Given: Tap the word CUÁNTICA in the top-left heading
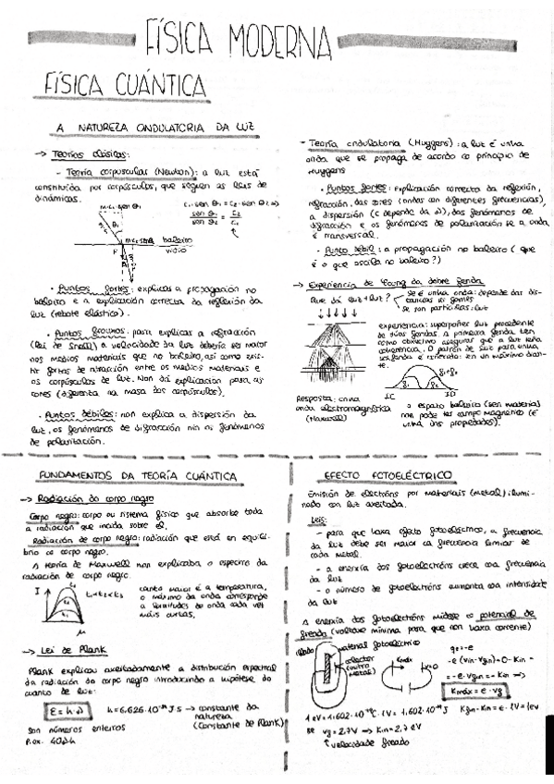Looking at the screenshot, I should point(135,84).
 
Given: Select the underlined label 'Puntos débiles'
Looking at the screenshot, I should point(84,415).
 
